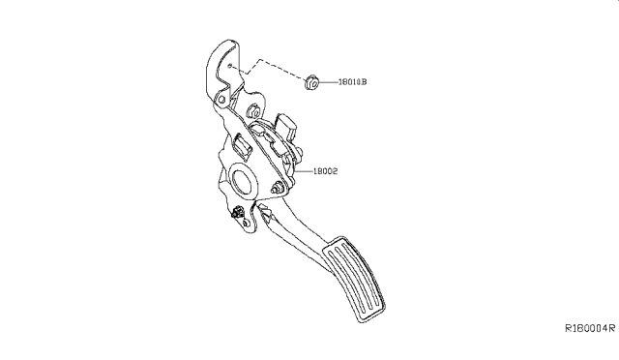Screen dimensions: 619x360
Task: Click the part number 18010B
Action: pos(351,83)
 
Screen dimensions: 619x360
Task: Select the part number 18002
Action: pos(325,171)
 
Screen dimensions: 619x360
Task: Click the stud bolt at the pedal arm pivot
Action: pos(280,189)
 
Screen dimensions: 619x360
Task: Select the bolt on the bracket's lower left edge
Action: pos(237,214)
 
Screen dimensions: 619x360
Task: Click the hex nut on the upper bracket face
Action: pos(256,110)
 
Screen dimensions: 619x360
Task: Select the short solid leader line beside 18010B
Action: pos(331,83)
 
